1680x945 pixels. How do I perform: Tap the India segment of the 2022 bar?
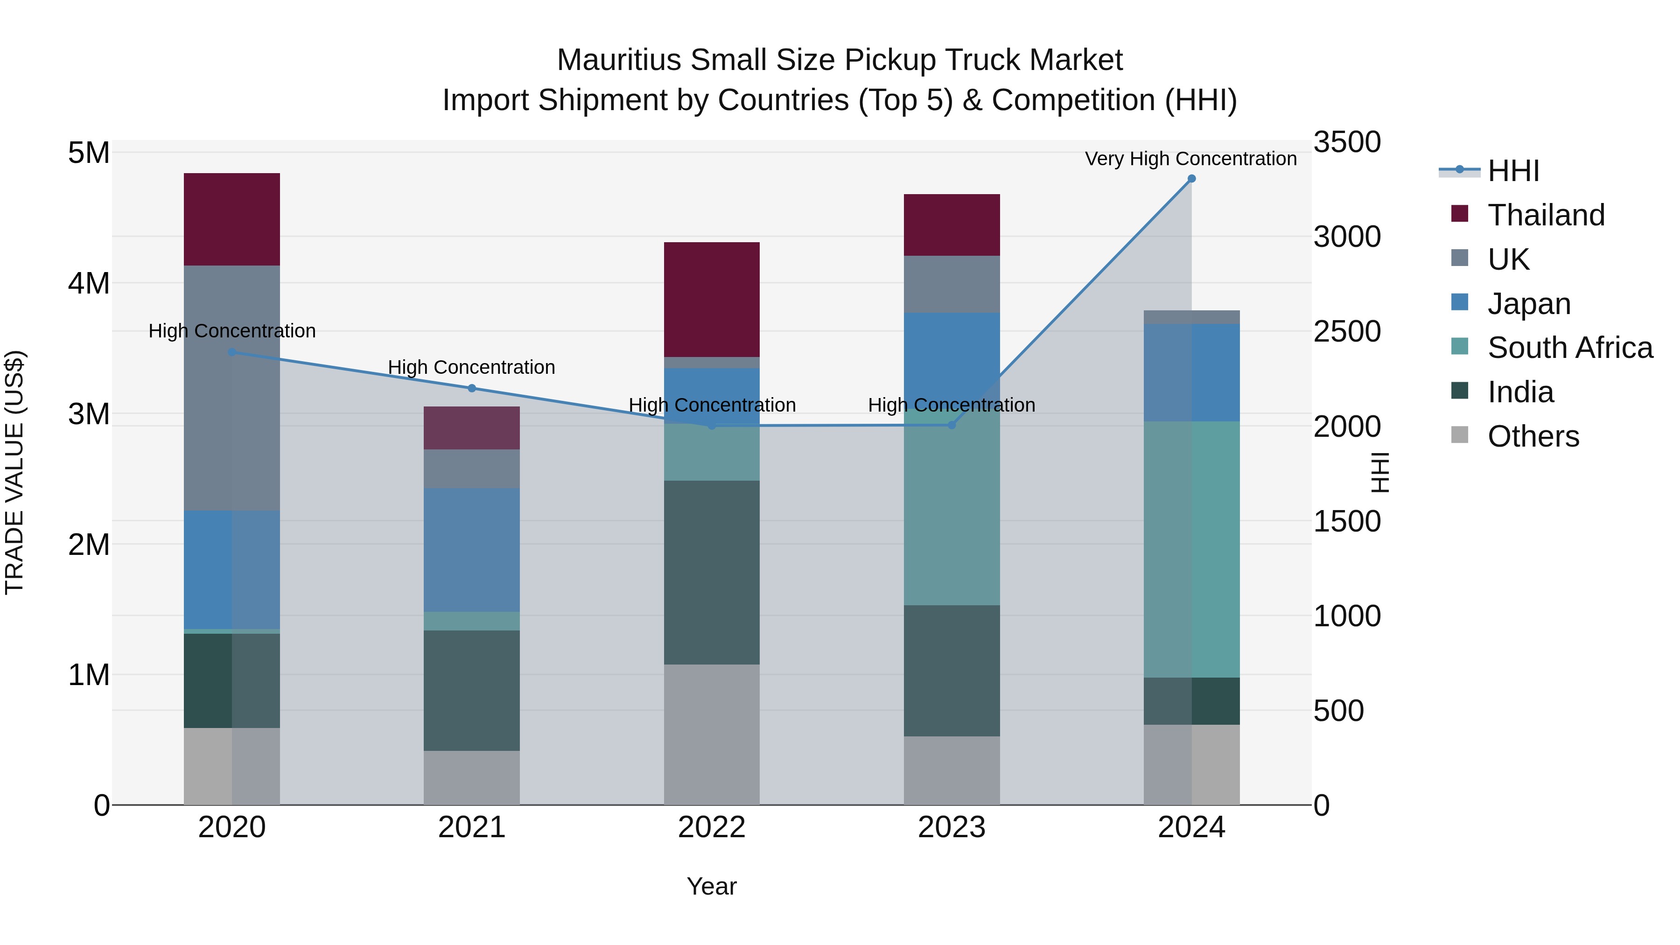point(712,572)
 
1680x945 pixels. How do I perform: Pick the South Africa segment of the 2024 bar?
point(1191,549)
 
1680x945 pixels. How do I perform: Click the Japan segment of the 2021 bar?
point(471,549)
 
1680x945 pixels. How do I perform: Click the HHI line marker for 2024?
point(1191,179)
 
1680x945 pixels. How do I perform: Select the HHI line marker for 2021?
point(471,388)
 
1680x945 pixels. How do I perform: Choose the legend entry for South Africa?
point(1570,348)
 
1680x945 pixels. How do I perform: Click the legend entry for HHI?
point(1513,171)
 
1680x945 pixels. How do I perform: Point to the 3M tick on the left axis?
point(89,413)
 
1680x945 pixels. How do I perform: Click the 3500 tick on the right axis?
point(1347,142)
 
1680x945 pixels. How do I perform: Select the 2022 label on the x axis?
point(712,827)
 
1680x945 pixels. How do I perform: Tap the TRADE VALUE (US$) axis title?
point(14,472)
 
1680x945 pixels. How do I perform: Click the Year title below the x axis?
point(712,886)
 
